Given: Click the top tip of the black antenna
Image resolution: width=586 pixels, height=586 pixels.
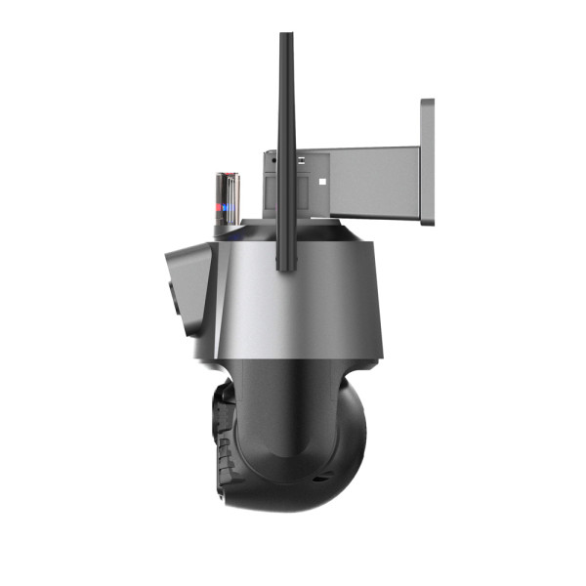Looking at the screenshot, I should [x=286, y=37].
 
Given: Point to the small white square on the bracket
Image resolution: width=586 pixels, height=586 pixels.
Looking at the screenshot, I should [x=323, y=181].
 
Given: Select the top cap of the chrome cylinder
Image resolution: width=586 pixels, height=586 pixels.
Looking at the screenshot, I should [x=228, y=176].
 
